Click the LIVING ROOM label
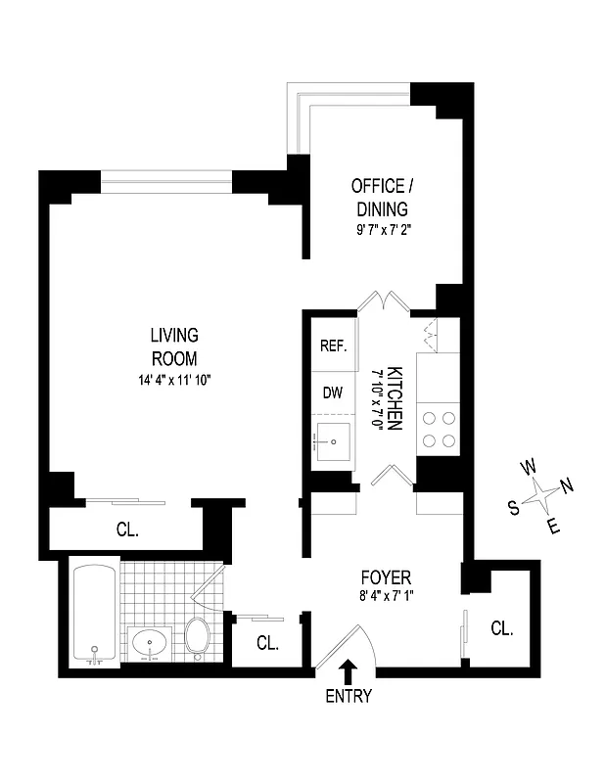174,345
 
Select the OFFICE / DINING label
381,197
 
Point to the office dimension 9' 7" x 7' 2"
381,232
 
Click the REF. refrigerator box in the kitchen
333,346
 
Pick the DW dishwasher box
333,391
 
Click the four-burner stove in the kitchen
439,428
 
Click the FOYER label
385,577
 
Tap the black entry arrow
349,670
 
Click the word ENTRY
349,697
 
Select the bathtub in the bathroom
95,613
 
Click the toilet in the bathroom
198,637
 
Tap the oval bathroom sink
153,643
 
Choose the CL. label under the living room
127,530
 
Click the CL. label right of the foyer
501,627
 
